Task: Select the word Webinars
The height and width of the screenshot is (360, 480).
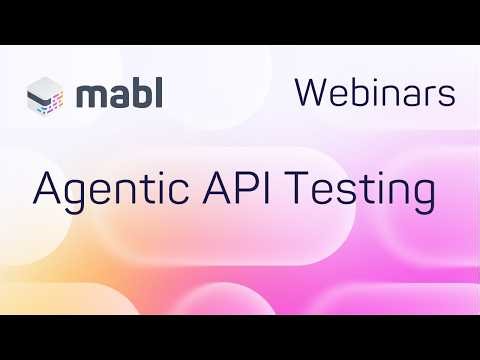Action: [x=375, y=93]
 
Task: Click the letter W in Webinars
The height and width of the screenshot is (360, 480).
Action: [x=313, y=93]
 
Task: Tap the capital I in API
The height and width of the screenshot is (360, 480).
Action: [x=270, y=187]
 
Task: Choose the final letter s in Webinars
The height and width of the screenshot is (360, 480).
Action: [x=448, y=96]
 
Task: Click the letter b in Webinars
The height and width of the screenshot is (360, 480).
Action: [x=355, y=93]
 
